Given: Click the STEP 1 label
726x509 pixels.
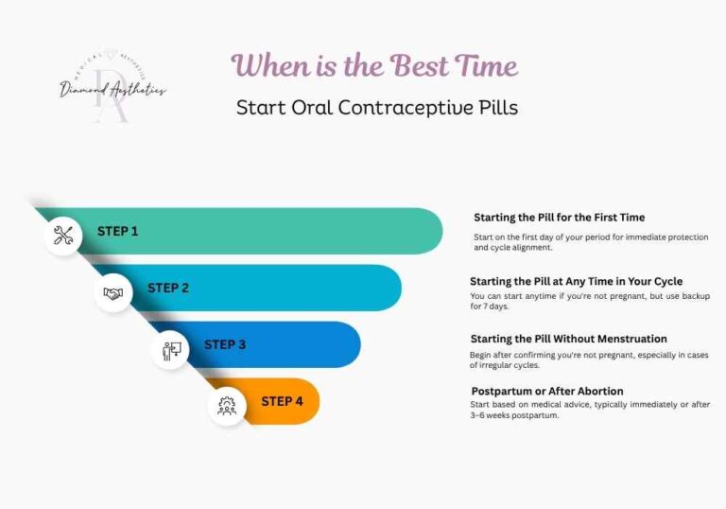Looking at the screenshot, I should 118,231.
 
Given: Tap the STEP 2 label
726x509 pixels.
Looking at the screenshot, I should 168,288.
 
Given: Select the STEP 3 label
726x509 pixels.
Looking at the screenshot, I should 225,344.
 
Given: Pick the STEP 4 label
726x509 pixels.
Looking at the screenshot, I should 282,401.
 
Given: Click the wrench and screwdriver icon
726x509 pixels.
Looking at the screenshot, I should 63,236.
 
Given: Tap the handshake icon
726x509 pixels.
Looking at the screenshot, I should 113,293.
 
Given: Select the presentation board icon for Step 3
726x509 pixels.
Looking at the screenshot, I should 171,350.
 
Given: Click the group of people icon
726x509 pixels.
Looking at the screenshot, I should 227,407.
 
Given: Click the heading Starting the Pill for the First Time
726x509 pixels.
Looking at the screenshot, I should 559,218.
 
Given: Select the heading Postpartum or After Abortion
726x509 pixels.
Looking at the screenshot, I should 547,391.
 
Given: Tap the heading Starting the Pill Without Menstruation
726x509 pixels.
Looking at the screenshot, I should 568,339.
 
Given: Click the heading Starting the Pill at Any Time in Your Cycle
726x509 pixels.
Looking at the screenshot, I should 576,281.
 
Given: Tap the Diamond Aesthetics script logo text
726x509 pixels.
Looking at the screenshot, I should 112,90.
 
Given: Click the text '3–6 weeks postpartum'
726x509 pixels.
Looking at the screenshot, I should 514,415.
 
